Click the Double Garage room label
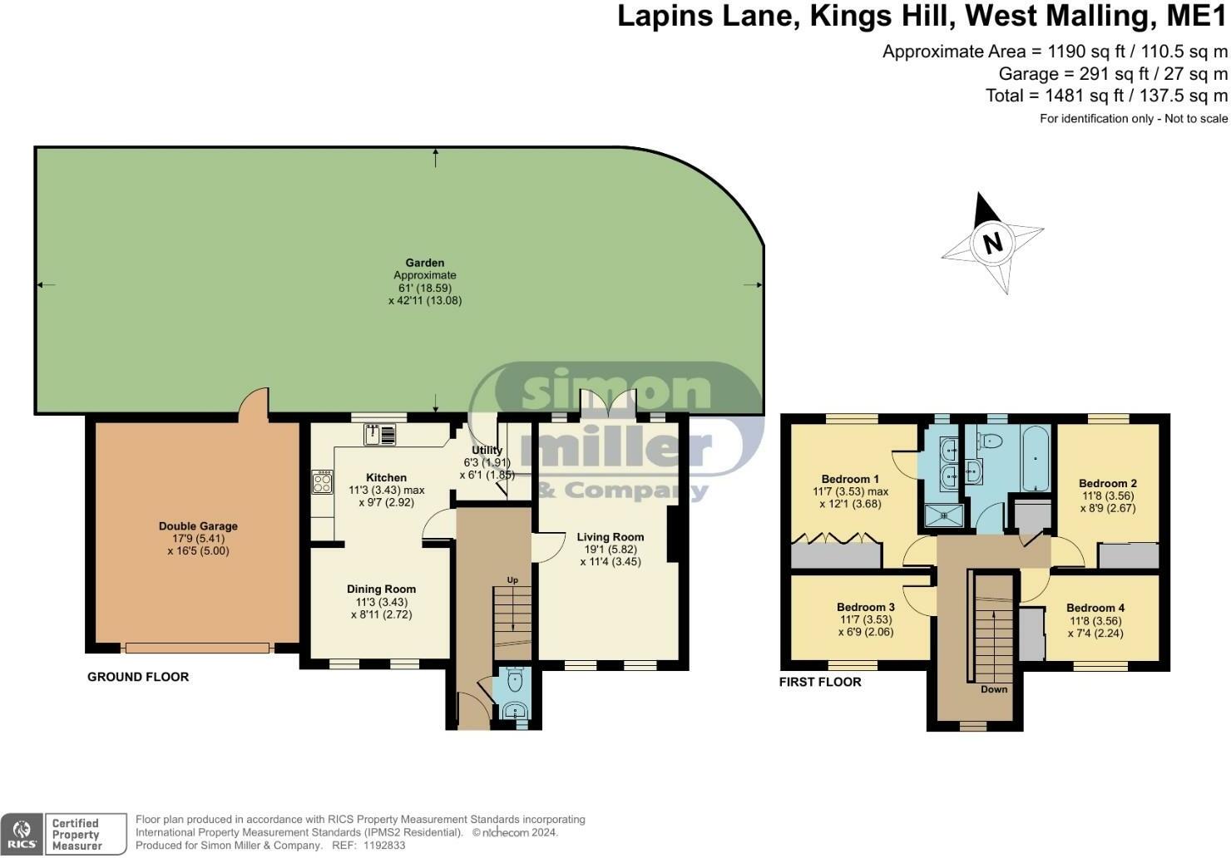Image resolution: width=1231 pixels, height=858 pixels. click(198, 526)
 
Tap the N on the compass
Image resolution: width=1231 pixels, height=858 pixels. click(992, 243)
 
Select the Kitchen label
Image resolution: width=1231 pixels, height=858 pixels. click(386, 477)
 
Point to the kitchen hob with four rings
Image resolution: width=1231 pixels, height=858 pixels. click(322, 481)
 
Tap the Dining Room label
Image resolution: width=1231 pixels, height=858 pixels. click(382, 589)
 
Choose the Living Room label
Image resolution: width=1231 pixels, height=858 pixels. click(610, 536)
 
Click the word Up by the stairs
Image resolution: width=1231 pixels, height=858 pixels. click(512, 580)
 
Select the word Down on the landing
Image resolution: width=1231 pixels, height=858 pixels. click(994, 689)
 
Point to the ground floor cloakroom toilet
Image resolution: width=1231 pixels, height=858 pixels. click(515, 680)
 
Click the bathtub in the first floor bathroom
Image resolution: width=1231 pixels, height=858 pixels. click(1036, 457)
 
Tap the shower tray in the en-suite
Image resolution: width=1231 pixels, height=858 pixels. click(943, 516)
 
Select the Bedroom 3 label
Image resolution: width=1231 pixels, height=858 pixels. click(866, 607)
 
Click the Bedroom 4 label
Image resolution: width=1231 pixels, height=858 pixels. click(1095, 608)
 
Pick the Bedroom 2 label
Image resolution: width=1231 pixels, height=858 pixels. click(1108, 483)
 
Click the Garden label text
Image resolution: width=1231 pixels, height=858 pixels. click(425, 263)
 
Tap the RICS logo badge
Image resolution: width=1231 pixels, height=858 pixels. click(22, 834)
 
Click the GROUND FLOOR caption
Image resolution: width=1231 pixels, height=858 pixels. click(138, 677)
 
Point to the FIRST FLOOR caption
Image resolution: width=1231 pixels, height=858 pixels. click(820, 682)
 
